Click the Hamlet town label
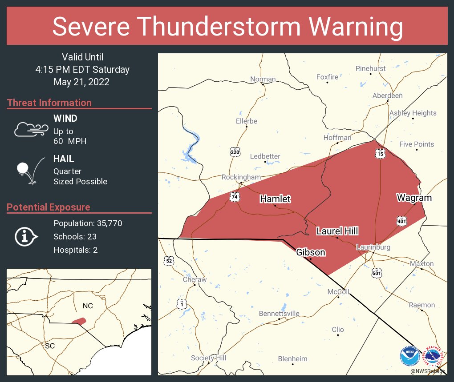tap(275, 199)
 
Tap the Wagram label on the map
tap(414, 198)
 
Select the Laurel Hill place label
tap(337, 231)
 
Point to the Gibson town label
tap(311, 252)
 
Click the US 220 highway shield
tap(235, 152)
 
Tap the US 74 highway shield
tap(234, 196)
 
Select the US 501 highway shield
tap(377, 273)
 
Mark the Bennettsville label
tap(279, 314)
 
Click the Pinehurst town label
tap(370, 68)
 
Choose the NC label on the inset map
tap(88, 306)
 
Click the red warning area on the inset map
tap(79, 321)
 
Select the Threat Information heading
tap(49, 103)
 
